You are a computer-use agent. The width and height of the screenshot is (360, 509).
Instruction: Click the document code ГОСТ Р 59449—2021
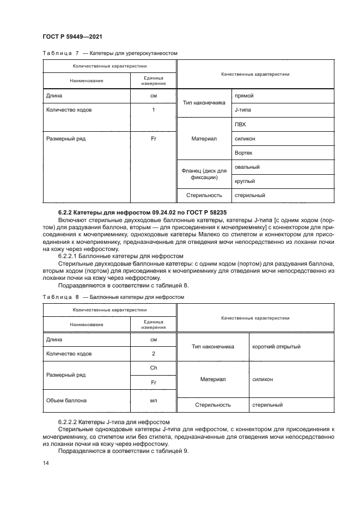(72, 36)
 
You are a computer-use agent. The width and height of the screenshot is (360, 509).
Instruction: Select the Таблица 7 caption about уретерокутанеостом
(109, 53)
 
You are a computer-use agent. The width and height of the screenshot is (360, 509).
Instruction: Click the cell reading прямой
(244, 96)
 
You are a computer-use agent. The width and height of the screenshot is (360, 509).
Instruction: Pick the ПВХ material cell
(240, 124)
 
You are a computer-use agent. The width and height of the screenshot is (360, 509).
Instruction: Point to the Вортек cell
(243, 153)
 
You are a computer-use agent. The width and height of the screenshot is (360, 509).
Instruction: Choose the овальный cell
(247, 167)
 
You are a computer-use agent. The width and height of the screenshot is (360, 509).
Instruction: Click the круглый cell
(245, 181)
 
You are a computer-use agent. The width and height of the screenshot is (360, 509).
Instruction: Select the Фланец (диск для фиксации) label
(204, 174)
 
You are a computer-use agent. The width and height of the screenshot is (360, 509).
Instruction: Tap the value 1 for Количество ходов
(154, 110)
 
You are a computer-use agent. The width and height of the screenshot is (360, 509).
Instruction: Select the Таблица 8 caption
(113, 297)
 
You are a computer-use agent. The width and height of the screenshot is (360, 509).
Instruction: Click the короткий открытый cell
(276, 346)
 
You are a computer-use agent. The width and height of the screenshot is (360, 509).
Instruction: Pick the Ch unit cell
(154, 368)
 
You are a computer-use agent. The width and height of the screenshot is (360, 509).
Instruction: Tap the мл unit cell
(154, 401)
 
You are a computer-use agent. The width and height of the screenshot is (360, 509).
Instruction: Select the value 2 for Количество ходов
(154, 354)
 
